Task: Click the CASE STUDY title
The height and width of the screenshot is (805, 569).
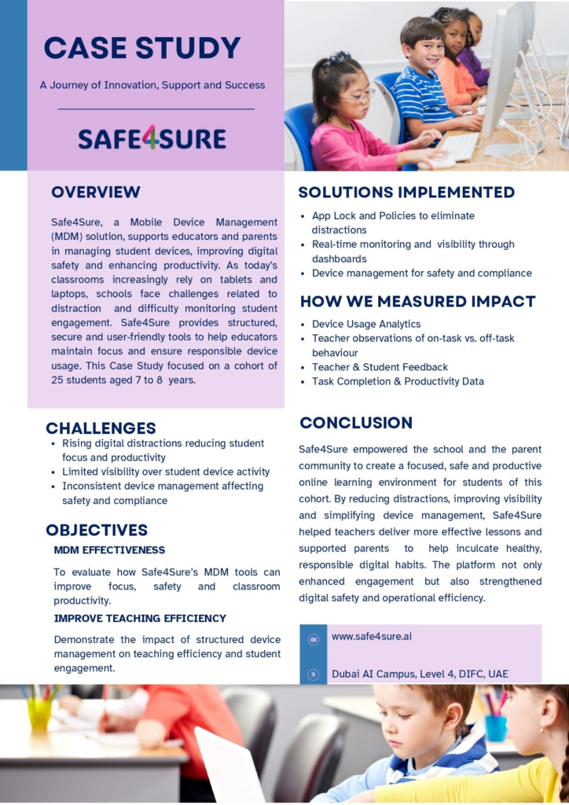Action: click(x=142, y=48)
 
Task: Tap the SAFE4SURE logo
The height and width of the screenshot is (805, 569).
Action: click(x=152, y=139)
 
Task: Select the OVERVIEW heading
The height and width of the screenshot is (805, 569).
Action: click(x=96, y=193)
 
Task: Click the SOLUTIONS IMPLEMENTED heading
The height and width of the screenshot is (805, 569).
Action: click(x=406, y=193)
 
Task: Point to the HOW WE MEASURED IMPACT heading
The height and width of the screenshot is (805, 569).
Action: click(x=417, y=301)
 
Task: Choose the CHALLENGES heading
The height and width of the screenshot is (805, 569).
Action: click(x=101, y=428)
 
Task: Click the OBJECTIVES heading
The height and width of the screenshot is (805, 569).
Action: click(x=97, y=530)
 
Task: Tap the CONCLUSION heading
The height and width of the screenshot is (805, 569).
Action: click(x=356, y=423)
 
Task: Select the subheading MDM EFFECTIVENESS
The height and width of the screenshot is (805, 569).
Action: click(x=109, y=550)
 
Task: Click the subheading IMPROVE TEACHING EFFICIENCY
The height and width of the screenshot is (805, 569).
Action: click(x=140, y=619)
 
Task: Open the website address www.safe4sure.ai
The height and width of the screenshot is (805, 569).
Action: click(x=372, y=637)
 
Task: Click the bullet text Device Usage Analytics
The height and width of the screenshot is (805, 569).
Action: click(x=366, y=324)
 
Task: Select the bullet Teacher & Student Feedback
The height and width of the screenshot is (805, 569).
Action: click(x=380, y=367)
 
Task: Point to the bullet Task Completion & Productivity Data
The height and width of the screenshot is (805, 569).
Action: click(x=398, y=381)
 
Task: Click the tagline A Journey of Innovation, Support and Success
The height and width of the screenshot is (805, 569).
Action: click(x=152, y=85)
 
